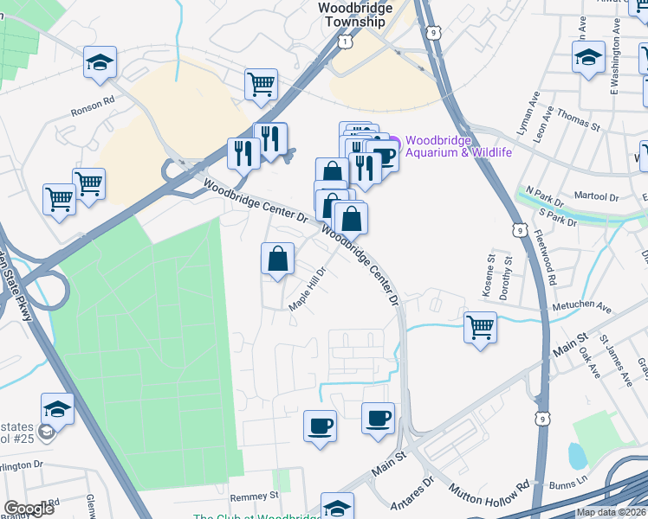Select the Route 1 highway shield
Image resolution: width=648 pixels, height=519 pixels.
point(346,41)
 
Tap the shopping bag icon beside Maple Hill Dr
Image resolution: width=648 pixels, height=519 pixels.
point(277,259)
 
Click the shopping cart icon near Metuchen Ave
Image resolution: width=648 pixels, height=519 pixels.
point(480,327)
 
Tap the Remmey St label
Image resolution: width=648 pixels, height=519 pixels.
point(254,497)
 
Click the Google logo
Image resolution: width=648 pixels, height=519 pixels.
point(29,509)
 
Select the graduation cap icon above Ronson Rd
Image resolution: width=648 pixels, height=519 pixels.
point(100,62)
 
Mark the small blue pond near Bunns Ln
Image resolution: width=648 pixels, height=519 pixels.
point(576,455)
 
